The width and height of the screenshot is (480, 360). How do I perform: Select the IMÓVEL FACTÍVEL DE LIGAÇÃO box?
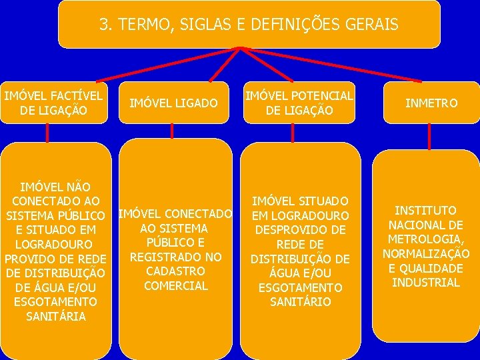coord(53,103)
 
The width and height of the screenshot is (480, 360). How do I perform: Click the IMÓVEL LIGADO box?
coord(173,103)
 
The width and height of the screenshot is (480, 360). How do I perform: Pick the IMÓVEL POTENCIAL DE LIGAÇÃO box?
coord(299,103)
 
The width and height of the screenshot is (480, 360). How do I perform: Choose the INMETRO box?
coord(432,103)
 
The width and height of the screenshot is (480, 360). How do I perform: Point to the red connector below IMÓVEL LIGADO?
coord(172,131)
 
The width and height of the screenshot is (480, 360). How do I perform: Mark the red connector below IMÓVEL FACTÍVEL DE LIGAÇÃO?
coord(47,133)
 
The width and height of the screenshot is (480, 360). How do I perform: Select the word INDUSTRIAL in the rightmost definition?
coord(425,283)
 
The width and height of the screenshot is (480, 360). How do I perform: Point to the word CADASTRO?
coord(176,271)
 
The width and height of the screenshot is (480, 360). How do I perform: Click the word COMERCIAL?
coord(176,286)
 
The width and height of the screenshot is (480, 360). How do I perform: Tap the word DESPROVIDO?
coord(299,230)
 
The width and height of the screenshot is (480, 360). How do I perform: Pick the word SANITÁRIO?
coord(299,302)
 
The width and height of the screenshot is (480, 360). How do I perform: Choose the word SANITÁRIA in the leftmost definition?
coord(56,316)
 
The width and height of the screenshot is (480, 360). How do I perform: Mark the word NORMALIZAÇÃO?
coord(425,254)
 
